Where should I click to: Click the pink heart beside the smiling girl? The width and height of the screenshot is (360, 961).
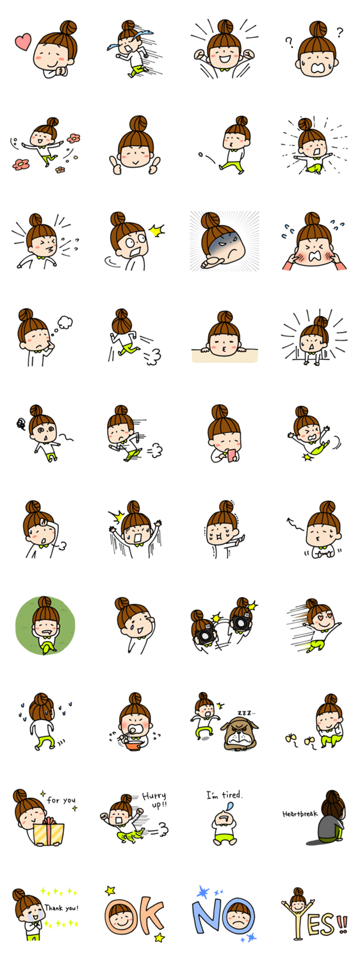(23, 42)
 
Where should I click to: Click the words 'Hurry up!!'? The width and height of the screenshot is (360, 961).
(154, 800)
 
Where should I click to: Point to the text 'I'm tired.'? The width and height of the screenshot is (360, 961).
(224, 795)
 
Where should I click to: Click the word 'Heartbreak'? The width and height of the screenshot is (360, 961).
(300, 814)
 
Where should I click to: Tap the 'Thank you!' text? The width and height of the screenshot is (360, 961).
(61, 908)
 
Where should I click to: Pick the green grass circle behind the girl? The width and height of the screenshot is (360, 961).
(45, 625)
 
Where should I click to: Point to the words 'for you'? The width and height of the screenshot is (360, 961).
(61, 800)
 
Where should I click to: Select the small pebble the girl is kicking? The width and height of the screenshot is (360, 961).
(200, 154)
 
